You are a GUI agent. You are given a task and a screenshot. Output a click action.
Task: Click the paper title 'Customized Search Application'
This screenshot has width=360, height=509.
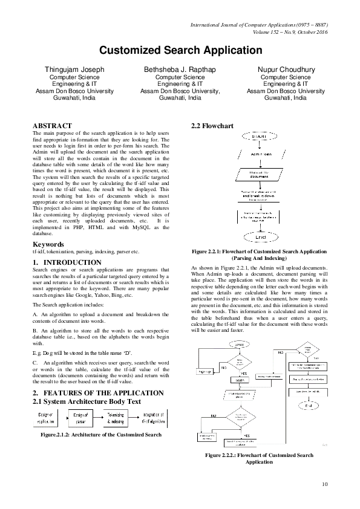point(180,50)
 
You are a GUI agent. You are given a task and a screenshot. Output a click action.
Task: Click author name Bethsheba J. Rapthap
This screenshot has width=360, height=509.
point(180,70)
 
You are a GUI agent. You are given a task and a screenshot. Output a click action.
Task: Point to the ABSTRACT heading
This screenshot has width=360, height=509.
point(52,125)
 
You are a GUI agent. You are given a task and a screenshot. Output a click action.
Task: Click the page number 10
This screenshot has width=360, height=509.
point(325,484)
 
